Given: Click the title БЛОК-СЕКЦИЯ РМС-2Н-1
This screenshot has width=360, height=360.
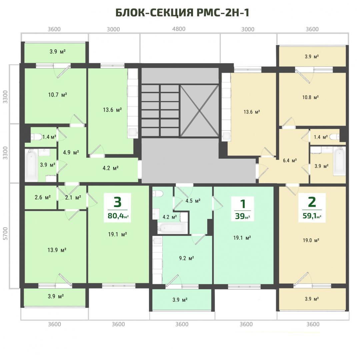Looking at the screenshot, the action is click(x=182, y=13).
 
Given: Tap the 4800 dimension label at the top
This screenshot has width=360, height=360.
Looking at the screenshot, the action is click(x=179, y=29).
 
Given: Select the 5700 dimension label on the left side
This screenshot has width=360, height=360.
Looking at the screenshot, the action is click(x=5, y=233).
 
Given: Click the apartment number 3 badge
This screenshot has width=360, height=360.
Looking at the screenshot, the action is click(x=117, y=208).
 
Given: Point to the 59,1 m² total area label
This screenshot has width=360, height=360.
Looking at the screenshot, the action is click(x=312, y=216).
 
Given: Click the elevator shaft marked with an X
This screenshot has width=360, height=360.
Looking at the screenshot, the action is click(x=199, y=111).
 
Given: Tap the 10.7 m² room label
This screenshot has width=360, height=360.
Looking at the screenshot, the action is click(x=57, y=95).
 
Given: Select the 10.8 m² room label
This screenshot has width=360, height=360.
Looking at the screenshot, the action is click(x=310, y=97).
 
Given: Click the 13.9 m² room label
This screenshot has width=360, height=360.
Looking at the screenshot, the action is click(x=57, y=250).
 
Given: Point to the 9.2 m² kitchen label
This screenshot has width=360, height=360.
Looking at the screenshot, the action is click(x=186, y=258).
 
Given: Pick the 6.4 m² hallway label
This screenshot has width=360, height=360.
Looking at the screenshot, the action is click(x=290, y=160).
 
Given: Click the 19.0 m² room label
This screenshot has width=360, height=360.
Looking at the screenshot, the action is click(x=311, y=240).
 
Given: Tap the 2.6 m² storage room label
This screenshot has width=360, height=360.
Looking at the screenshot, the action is click(x=43, y=197).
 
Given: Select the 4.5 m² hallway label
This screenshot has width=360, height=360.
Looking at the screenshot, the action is click(x=193, y=201).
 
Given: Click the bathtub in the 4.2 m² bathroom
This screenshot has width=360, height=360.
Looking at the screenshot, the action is click(x=172, y=228).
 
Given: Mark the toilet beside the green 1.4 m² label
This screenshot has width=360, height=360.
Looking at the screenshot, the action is click(x=36, y=137).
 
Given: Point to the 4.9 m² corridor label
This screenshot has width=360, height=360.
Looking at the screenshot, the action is click(x=71, y=152).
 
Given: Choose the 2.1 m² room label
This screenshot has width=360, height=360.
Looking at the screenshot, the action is click(x=73, y=197).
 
